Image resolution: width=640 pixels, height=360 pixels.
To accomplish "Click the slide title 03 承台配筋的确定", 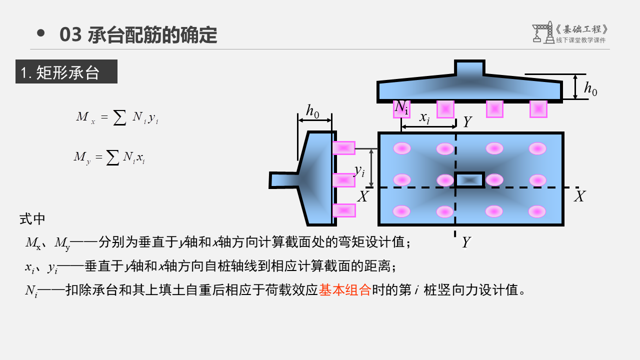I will click(x=138, y=35).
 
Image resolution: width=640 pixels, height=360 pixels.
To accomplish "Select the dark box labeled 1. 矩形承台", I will click(x=66, y=71).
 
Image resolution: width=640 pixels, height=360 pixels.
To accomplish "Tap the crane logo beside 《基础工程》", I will click(x=542, y=33).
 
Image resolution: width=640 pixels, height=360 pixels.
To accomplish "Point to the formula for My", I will click(x=109, y=157).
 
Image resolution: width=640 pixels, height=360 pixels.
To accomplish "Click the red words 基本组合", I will click(x=344, y=289).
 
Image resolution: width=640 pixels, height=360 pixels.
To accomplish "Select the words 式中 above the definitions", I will click(x=32, y=219).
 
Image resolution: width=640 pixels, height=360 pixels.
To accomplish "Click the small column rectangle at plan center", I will click(x=469, y=180).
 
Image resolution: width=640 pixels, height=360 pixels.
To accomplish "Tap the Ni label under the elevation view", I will click(x=401, y=107).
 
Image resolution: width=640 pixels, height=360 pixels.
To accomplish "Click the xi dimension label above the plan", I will click(x=424, y=118).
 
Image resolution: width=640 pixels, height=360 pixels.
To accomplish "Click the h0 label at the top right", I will click(x=590, y=89).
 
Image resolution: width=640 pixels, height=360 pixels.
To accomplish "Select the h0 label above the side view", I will click(x=313, y=111).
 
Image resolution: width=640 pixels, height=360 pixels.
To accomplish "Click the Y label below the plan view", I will click(x=466, y=242).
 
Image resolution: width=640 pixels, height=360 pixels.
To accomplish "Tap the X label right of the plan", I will click(x=579, y=196).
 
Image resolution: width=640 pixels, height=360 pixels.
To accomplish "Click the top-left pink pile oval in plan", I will click(x=402, y=148).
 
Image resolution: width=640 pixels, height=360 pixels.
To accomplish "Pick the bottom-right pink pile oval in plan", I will click(x=537, y=211).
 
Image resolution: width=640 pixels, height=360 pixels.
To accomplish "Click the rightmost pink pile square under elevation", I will click(x=538, y=109).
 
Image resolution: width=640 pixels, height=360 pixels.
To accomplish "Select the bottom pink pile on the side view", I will click(x=344, y=210).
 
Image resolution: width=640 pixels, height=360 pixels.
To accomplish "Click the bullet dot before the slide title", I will click(x=41, y=33).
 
